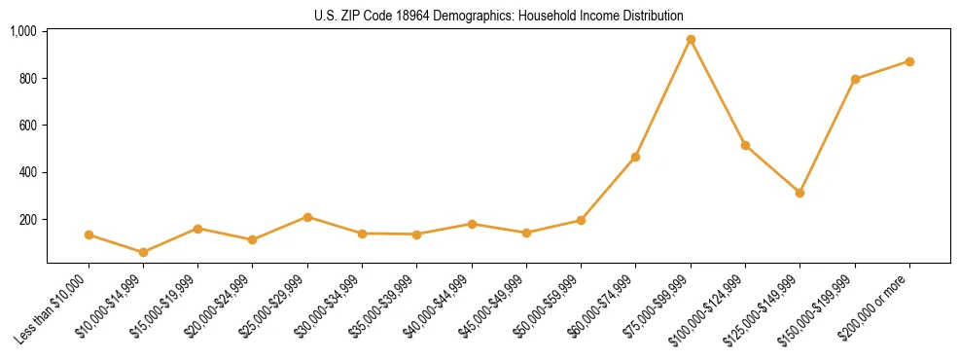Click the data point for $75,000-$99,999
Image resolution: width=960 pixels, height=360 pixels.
point(691,40)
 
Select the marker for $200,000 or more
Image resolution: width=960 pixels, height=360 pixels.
point(909,61)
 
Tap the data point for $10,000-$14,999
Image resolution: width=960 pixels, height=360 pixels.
point(143,252)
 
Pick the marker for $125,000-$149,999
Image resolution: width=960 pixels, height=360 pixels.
point(800,193)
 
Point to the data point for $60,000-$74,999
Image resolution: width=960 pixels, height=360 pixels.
point(635,157)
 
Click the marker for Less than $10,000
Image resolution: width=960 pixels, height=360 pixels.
point(89,234)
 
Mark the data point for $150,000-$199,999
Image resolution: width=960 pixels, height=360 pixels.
point(855,79)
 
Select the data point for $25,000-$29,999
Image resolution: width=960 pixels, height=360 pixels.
point(307,217)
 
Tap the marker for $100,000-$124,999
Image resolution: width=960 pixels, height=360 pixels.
point(745,145)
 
